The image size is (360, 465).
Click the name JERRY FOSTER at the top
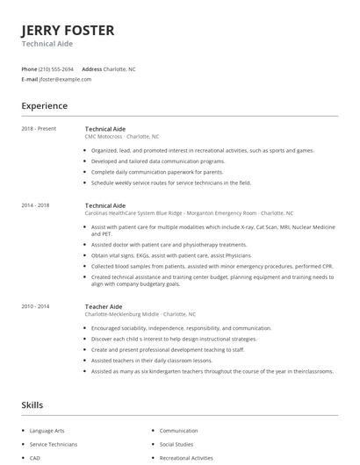pos(68,31)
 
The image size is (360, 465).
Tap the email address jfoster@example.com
pos(65,79)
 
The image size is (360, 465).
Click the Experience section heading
pos(44,106)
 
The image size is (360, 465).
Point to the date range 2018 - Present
pos(39,129)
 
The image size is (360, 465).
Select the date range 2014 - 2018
pos(36,205)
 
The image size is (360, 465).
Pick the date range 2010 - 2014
pos(36,307)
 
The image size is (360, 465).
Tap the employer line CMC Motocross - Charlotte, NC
pos(122,137)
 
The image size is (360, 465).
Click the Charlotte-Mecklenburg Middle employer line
pos(140,314)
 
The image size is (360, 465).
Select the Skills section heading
pos(32,405)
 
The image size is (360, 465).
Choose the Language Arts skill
pos(48,431)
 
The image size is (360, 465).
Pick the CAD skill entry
pos(36,457)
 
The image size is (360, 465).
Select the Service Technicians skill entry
pos(54,444)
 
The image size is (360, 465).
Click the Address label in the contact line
pos(92,68)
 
